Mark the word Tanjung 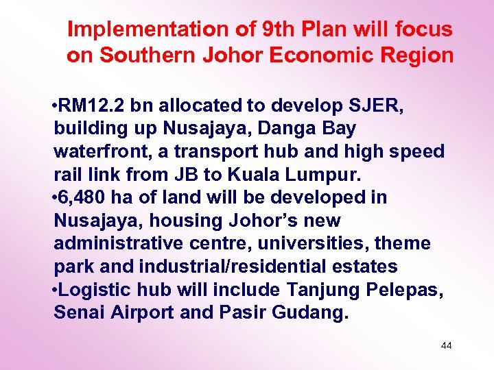click(320, 290)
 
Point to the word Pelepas click(404, 290)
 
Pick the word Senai click(78, 313)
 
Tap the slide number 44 click(446, 345)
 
